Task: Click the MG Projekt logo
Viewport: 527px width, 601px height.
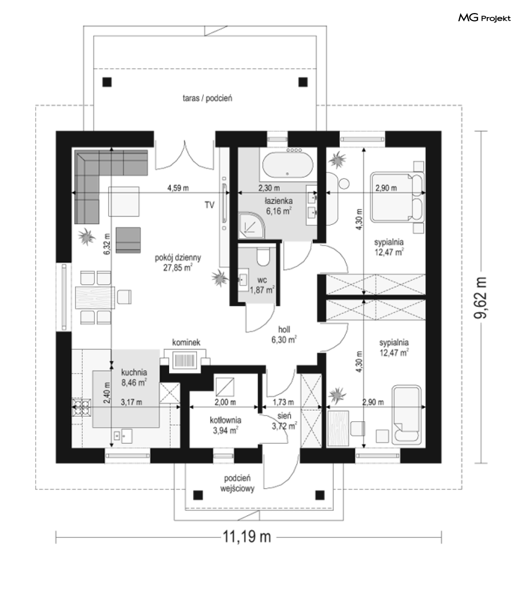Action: click(484, 18)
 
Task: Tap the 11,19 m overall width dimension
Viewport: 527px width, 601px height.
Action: click(247, 537)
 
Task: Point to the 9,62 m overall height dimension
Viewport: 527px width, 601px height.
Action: click(481, 297)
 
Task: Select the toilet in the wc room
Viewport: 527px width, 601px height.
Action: click(263, 257)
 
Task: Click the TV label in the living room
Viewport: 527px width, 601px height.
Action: click(209, 205)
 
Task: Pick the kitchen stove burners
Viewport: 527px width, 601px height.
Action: click(81, 407)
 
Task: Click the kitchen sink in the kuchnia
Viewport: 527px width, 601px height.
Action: click(122, 436)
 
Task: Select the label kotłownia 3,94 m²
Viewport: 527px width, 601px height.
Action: click(225, 425)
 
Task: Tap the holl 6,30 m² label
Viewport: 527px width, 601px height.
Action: click(284, 334)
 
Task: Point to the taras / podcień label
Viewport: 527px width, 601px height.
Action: click(207, 98)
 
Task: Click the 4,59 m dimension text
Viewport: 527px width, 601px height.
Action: click(178, 188)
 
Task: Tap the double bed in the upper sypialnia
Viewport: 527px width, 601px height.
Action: click(397, 197)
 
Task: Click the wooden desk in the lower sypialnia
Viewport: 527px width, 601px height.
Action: click(338, 428)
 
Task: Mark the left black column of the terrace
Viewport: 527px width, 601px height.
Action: click(107, 82)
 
